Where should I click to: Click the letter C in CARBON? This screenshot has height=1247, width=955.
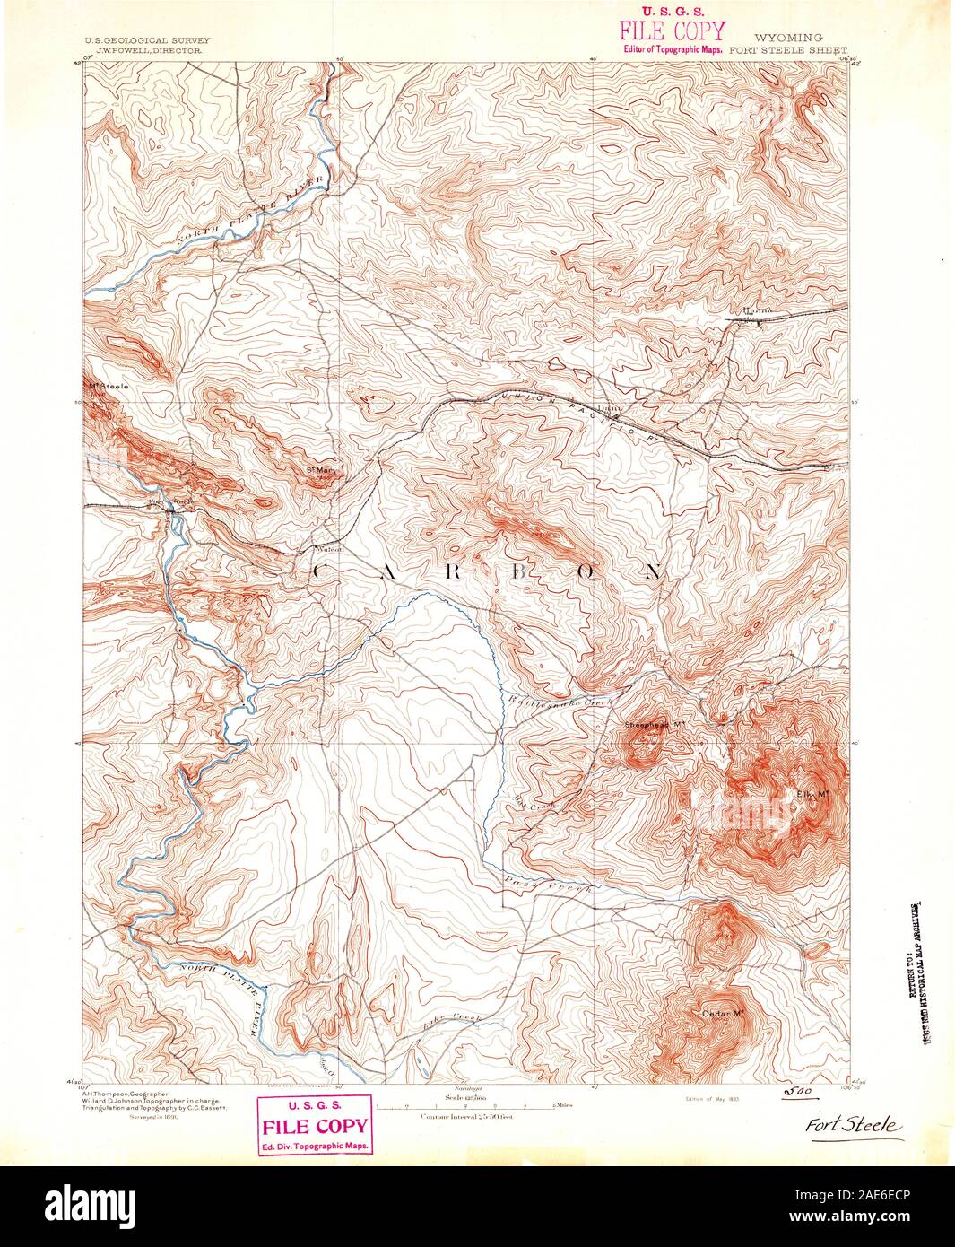pyautogui.click(x=319, y=571)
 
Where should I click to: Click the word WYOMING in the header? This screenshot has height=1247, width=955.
pyautogui.click(x=789, y=38)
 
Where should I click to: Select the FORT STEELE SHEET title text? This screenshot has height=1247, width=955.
pyautogui.click(x=789, y=51)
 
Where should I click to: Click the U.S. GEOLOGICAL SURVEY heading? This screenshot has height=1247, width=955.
pyautogui.click(x=147, y=41)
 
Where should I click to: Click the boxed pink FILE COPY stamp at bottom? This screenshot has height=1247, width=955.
pyautogui.click(x=313, y=1126)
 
